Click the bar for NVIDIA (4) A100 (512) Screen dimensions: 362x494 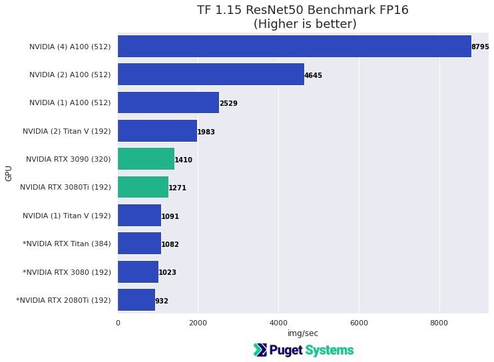coord(294,47)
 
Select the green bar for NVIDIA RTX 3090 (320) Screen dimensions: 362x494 coord(146,160)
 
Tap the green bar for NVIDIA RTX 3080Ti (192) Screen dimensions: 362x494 coord(143,188)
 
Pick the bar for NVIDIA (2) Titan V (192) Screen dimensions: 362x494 coord(157,131)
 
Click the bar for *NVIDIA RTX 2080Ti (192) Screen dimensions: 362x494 coord(136,300)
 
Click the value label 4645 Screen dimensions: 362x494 coord(313,76)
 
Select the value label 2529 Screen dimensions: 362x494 coord(228,104)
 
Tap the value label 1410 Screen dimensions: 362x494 coord(183,160)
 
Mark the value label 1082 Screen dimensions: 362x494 coord(170,245)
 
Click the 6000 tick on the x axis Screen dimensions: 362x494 coord(359,323)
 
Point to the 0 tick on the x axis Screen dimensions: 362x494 coord(118,323)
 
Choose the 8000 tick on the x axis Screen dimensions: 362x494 coord(439,323)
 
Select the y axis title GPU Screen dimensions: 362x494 coord(9,174)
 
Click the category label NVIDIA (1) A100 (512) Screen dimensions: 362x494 coord(70,103)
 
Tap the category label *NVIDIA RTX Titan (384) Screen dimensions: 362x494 coord(67,244)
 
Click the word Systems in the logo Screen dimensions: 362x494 coord(329,350)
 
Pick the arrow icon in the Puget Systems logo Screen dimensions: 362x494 coord(260,350)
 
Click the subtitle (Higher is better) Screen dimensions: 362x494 coord(304,24)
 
